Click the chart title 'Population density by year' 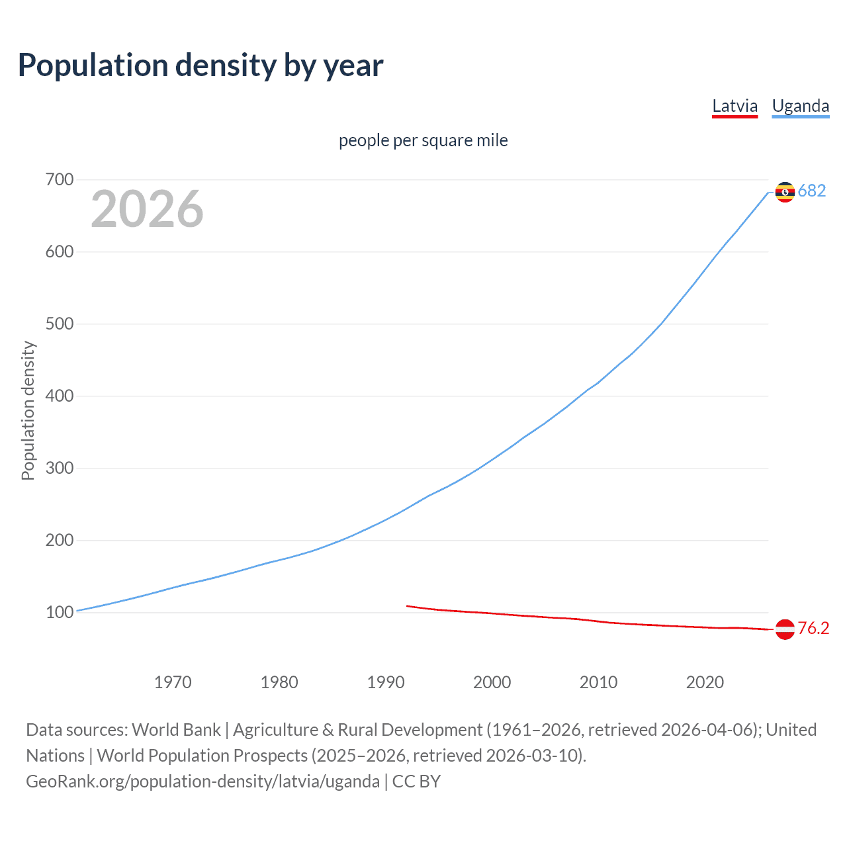pyautogui.click(x=201, y=66)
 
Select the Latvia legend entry pyautogui.click(x=735, y=106)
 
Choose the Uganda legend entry pyautogui.click(x=800, y=106)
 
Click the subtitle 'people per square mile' pyautogui.click(x=423, y=140)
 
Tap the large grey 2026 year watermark pyautogui.click(x=147, y=209)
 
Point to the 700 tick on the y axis pyautogui.click(x=60, y=180)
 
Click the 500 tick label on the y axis pyautogui.click(x=60, y=324)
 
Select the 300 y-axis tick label pyautogui.click(x=60, y=468)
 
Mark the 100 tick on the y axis pyautogui.click(x=60, y=613)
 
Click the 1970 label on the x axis pyautogui.click(x=173, y=682)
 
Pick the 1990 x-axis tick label pyautogui.click(x=386, y=682)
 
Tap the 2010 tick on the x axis pyautogui.click(x=598, y=682)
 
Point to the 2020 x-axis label pyautogui.click(x=705, y=682)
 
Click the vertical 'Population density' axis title pyautogui.click(x=28, y=410)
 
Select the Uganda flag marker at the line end pyautogui.click(x=785, y=192)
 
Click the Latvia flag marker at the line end pyautogui.click(x=785, y=629)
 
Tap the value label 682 pyautogui.click(x=812, y=191)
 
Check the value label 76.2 pyautogui.click(x=813, y=629)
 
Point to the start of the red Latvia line pyautogui.click(x=408, y=605)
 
